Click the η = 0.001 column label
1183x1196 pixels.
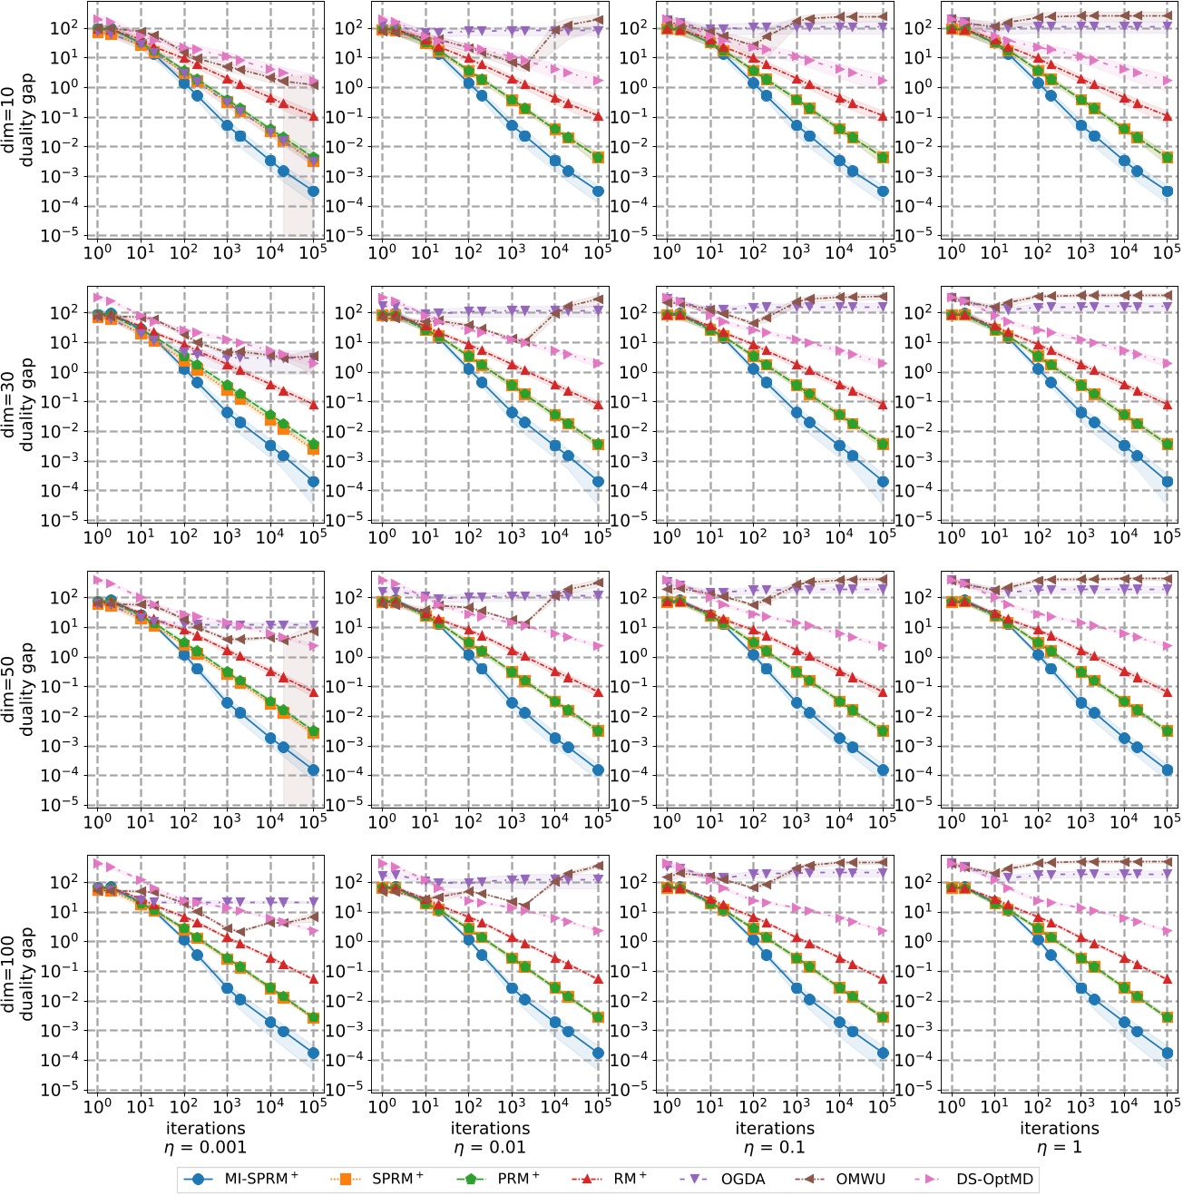click(205, 1147)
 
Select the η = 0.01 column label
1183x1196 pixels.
click(490, 1147)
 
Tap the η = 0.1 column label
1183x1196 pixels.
click(775, 1147)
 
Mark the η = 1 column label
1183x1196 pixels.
click(1060, 1147)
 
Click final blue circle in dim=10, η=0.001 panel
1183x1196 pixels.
click(313, 191)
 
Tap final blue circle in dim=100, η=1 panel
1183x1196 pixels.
click(1168, 1054)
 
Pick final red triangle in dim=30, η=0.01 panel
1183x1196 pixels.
click(598, 405)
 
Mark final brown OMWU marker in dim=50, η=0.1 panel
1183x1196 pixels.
click(883, 580)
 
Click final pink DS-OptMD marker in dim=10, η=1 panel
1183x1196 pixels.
click(1168, 81)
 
